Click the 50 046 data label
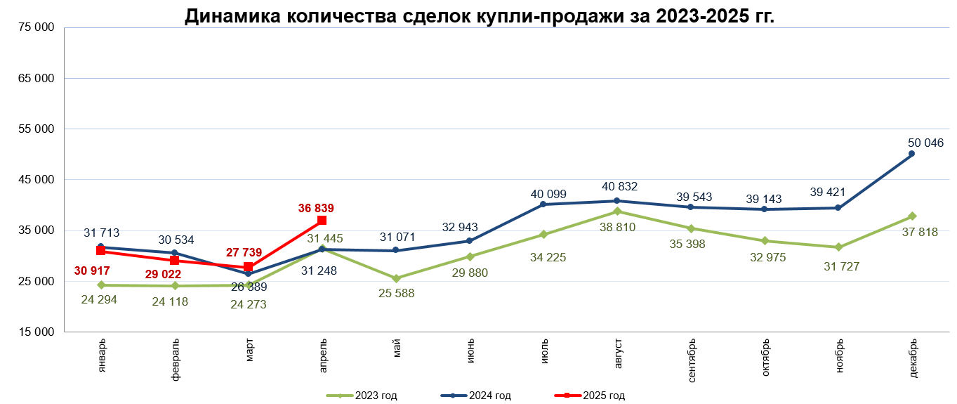click(x=925, y=143)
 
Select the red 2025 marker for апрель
click(x=322, y=221)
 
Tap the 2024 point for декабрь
click(x=911, y=154)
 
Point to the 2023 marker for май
click(x=396, y=278)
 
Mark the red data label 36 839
click(x=316, y=208)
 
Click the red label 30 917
click(x=92, y=271)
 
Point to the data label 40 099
click(x=548, y=194)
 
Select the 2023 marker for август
click(x=617, y=211)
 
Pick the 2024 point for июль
click(x=543, y=204)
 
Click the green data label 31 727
click(x=841, y=266)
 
